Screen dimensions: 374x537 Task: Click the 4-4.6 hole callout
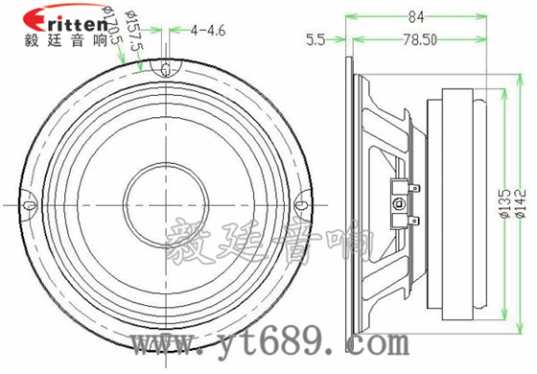(x=208, y=31)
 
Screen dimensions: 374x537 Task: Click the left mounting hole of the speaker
(x=29, y=203)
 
